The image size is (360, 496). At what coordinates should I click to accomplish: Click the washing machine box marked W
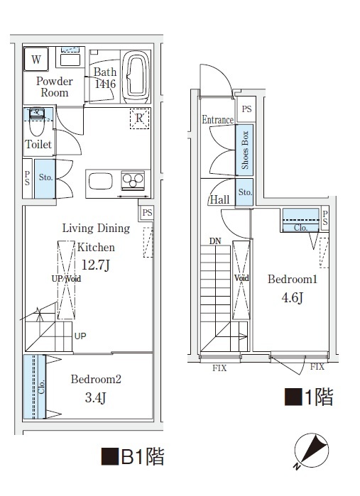pos(36,59)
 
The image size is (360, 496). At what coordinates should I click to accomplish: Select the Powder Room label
pos(54,87)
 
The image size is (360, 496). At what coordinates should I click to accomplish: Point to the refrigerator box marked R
pos(139,119)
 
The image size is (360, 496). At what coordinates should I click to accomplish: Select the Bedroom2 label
pos(96,380)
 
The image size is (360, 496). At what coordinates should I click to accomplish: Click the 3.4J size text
pos(95,397)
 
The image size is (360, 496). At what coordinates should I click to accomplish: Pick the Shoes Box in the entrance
pos(244,150)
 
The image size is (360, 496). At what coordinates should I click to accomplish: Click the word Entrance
pos(217,120)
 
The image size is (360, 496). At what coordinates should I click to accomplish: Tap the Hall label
pos(219,200)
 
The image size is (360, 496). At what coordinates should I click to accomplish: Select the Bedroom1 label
pos(291,280)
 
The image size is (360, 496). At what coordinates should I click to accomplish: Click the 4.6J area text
pos(290,297)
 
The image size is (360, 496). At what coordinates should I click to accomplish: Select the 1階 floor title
pos(308,397)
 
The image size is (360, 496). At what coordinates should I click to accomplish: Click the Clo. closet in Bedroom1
pos(300,221)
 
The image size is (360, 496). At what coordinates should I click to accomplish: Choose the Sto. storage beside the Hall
pos(244,193)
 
